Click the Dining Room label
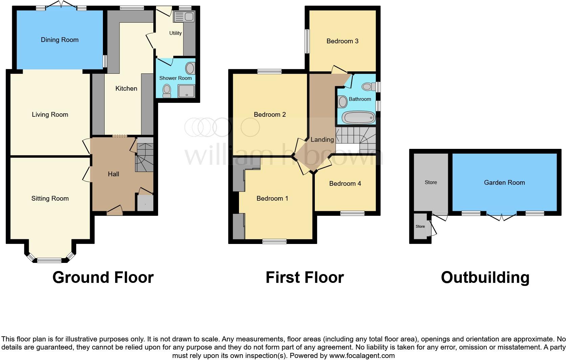60,40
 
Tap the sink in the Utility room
183,17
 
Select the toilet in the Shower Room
167,90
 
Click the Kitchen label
126,89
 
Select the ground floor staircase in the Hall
145,158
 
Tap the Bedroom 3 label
342,41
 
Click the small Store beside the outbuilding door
420,227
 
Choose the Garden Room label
504,183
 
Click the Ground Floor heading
103,277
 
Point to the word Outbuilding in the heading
485,277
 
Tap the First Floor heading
304,277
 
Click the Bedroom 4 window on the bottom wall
352,213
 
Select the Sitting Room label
50,199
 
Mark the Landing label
322,139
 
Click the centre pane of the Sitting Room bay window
49,260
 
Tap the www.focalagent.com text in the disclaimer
362,356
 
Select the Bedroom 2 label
270,115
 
